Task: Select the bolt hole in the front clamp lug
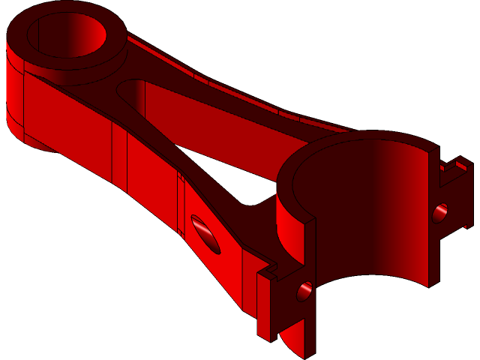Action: pyautogui.click(x=304, y=290)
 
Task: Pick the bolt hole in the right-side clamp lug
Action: pyautogui.click(x=439, y=213)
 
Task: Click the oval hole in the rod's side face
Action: pyautogui.click(x=205, y=233)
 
